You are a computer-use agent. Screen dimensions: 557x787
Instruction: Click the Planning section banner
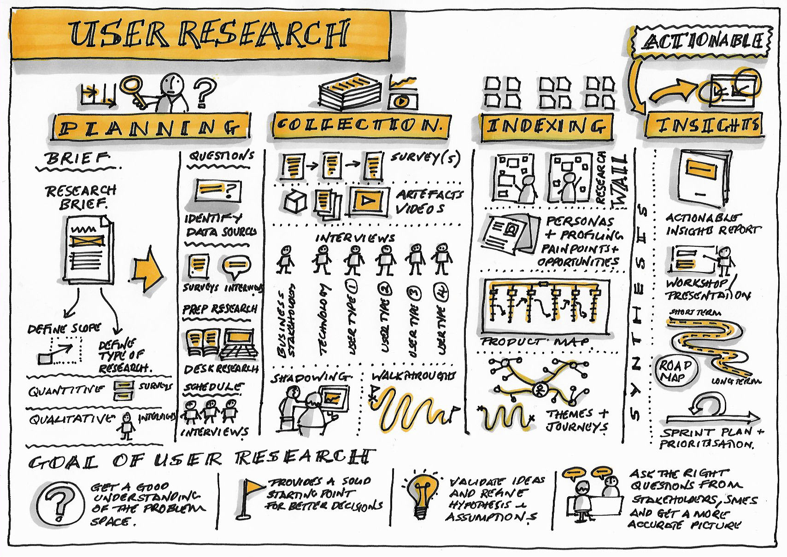click(151, 127)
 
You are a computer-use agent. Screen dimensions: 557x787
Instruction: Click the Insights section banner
click(704, 125)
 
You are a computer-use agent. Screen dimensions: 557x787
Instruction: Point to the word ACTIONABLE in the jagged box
click(701, 42)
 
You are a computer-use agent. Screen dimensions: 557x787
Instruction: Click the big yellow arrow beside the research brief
click(147, 274)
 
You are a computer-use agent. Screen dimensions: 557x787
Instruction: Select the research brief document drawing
click(88, 249)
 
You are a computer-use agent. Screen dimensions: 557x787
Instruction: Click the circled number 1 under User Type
click(354, 287)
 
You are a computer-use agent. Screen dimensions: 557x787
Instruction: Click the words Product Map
click(535, 341)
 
